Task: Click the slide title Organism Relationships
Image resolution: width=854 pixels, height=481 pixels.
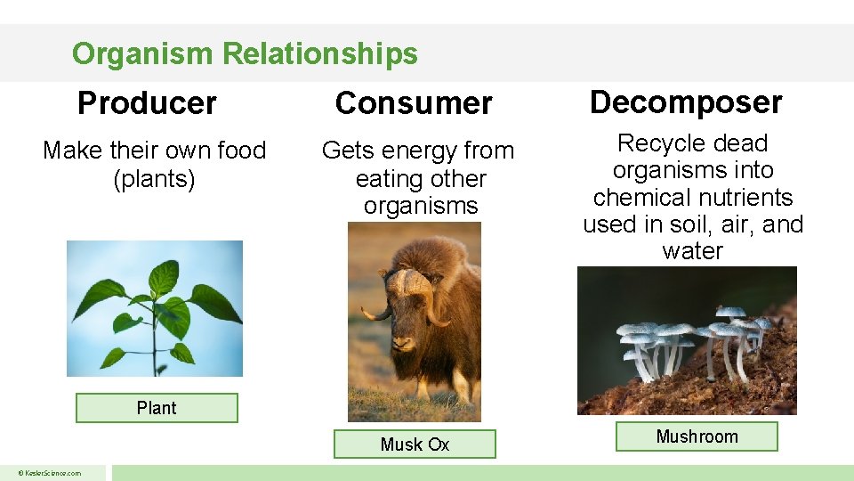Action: (245, 54)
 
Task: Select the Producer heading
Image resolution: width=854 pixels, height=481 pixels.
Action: (147, 103)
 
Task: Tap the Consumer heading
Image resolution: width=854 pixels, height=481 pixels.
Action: (414, 103)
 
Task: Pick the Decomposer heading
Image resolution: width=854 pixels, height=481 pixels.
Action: (686, 102)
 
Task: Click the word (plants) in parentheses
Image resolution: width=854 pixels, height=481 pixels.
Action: (155, 178)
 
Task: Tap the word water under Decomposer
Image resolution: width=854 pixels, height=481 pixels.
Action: (692, 251)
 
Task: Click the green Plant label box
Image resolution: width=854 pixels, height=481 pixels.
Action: (157, 408)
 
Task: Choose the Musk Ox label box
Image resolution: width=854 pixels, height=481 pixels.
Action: (415, 444)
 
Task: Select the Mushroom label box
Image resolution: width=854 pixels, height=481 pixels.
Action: (697, 436)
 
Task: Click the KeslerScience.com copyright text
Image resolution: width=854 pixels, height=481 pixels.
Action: (51, 473)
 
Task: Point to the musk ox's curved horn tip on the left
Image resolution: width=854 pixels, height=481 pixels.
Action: (365, 313)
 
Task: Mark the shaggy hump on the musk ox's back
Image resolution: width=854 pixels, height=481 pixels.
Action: (454, 258)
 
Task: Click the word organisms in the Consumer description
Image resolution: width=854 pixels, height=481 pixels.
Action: (421, 206)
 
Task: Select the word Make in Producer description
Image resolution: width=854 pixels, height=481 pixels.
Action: (72, 151)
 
